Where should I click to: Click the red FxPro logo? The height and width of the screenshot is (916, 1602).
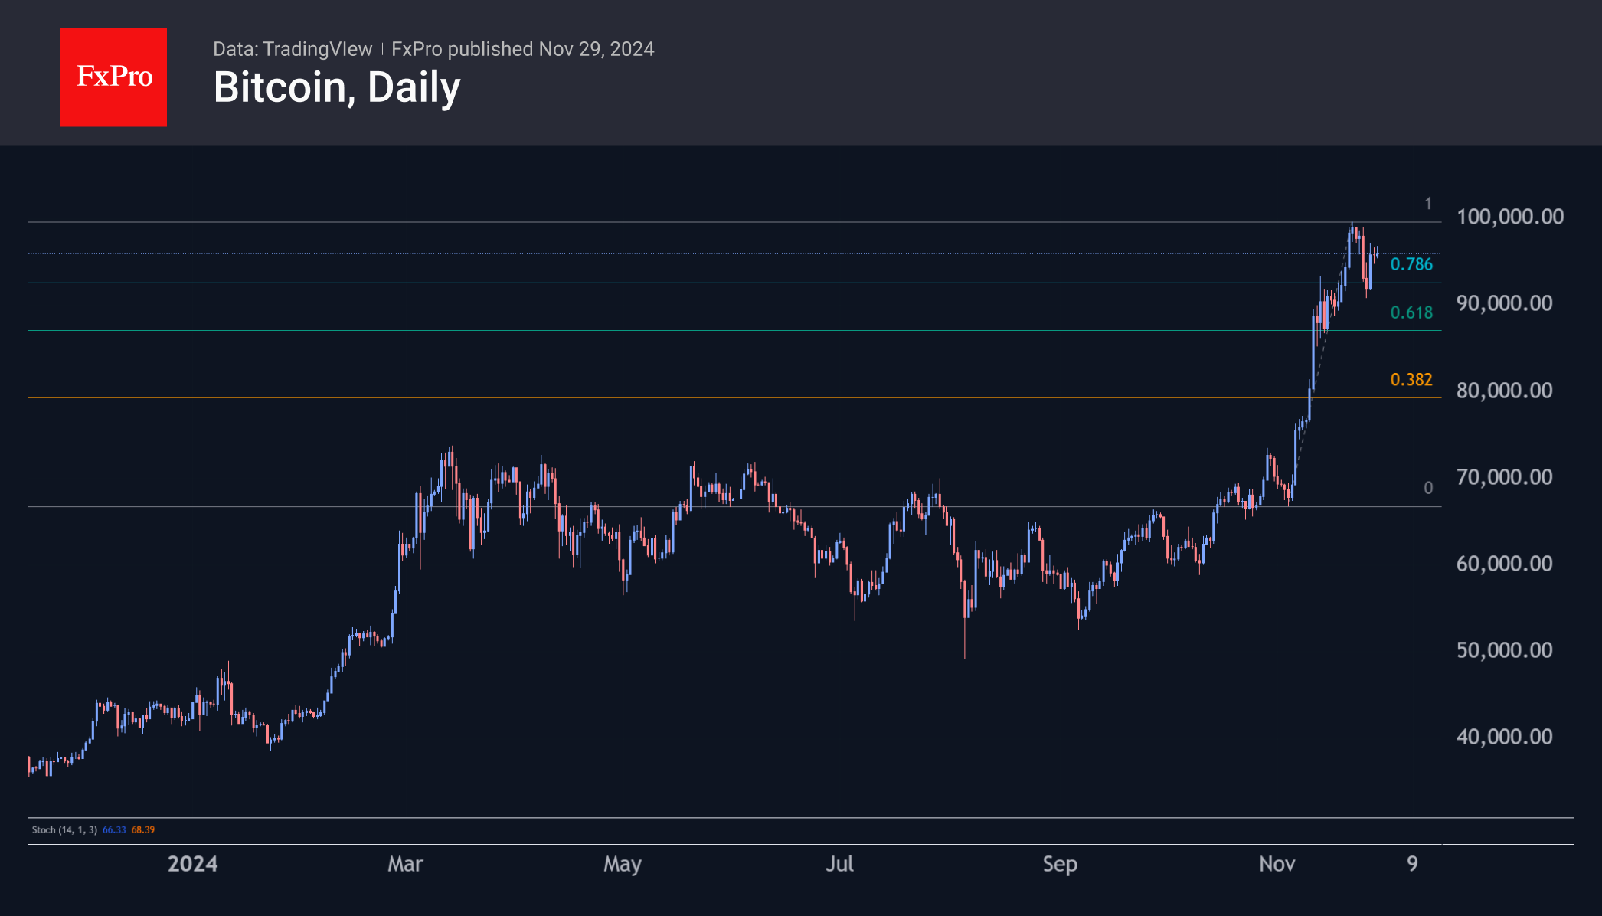click(113, 77)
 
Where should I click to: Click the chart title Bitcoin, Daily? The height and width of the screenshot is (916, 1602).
click(337, 87)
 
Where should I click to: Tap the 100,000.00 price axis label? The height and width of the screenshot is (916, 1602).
click(1509, 217)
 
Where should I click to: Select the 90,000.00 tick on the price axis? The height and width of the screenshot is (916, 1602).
click(1504, 303)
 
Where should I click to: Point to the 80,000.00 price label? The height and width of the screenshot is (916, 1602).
click(1504, 391)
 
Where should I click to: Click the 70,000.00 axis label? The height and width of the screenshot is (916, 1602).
click(1504, 477)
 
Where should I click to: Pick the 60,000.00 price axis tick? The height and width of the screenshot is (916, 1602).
click(1504, 564)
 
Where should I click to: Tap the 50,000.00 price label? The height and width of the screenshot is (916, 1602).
click(1504, 650)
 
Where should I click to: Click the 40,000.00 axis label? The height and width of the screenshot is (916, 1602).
click(1504, 737)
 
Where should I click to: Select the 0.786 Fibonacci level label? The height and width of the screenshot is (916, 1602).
click(1411, 264)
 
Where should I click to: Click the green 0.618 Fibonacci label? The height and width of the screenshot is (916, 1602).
click(1411, 312)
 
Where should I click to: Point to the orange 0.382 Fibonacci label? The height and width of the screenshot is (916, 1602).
click(1411, 380)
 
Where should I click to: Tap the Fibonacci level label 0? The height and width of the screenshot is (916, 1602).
click(1427, 488)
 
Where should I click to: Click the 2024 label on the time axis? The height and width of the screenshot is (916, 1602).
click(192, 864)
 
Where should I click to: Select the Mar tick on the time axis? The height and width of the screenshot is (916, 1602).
click(405, 864)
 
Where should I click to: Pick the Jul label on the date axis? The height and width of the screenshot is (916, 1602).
click(839, 864)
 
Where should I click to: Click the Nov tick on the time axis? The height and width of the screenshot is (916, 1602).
click(1277, 864)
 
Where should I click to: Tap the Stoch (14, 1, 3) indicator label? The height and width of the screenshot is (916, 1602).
click(64, 829)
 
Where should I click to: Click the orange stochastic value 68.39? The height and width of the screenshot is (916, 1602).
click(143, 829)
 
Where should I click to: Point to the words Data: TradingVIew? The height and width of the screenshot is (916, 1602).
click(293, 49)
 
